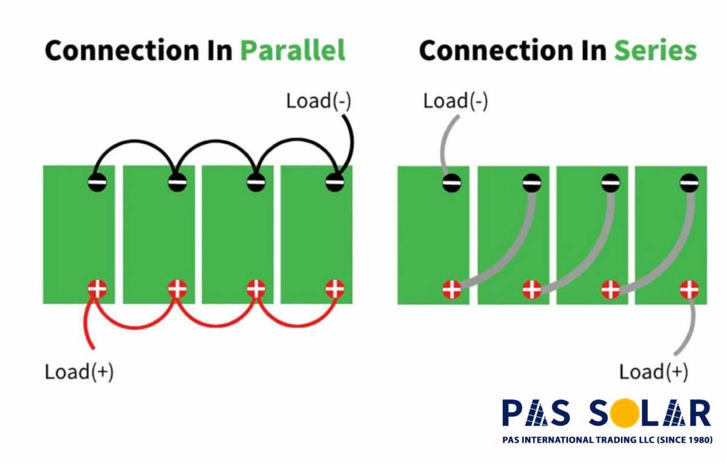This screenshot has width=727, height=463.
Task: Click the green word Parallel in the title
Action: (x=293, y=50)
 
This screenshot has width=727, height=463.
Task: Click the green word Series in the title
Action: (x=656, y=50)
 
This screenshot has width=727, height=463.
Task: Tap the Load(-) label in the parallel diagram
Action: (x=319, y=101)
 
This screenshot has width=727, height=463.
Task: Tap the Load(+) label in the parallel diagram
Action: (x=79, y=371)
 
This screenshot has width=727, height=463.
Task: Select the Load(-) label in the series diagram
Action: (x=456, y=101)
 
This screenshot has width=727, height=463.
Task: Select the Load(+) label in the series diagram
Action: (x=654, y=371)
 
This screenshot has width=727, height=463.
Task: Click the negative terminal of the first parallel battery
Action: (x=97, y=182)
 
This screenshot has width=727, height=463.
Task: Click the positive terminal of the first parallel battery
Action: (x=97, y=289)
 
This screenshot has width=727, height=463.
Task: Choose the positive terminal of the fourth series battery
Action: (x=689, y=290)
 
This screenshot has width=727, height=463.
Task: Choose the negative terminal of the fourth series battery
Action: (x=689, y=182)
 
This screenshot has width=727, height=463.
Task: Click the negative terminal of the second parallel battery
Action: (x=176, y=182)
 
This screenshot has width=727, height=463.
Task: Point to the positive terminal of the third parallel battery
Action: (x=256, y=289)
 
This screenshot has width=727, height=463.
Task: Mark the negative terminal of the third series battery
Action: (x=610, y=182)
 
